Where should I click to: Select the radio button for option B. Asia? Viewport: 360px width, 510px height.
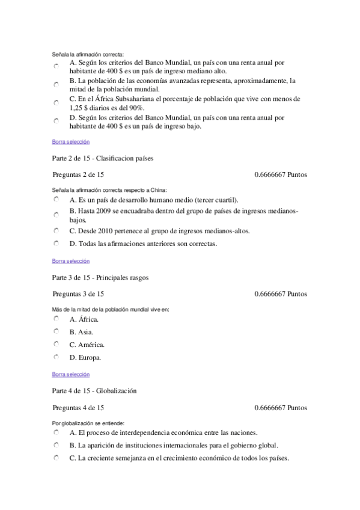(55, 331)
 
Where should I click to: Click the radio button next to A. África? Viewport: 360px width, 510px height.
(55, 319)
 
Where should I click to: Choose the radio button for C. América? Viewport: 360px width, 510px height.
(55, 344)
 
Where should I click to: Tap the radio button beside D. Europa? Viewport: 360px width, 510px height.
(55, 357)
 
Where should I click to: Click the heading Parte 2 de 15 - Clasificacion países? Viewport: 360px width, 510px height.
(103, 159)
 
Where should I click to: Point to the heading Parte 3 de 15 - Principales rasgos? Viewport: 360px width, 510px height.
(100, 278)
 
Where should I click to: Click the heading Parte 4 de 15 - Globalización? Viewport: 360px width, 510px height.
(94, 391)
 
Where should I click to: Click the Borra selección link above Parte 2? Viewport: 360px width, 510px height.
(70, 142)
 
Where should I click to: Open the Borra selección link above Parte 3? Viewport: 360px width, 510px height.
(70, 261)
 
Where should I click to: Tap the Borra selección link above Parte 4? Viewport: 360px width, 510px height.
(70, 374)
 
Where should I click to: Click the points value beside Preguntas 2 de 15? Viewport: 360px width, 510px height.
(280, 175)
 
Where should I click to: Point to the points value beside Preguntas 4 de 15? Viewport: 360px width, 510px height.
(280, 407)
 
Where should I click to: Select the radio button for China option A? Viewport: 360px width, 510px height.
(55, 199)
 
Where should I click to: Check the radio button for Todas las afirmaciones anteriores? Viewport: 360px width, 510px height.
(55, 244)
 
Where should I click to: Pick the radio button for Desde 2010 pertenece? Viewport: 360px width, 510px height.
(55, 230)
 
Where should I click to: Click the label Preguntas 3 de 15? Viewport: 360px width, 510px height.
(78, 294)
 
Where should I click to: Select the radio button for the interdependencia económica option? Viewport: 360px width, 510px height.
(55, 432)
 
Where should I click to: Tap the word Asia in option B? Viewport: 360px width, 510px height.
(85, 332)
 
